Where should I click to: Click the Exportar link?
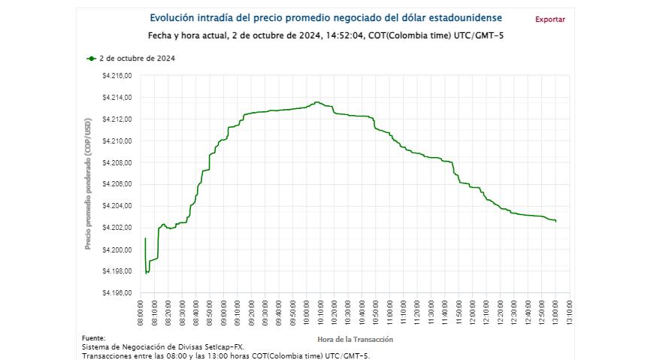(x=550, y=20)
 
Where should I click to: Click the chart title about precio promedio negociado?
(x=326, y=17)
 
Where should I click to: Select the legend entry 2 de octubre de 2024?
(x=132, y=59)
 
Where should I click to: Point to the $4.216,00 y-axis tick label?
(x=117, y=76)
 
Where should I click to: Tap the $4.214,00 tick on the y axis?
(x=117, y=98)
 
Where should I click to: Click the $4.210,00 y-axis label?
(x=117, y=141)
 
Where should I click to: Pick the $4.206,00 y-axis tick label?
(x=117, y=184)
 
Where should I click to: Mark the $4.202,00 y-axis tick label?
(x=117, y=228)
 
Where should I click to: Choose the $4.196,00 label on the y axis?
(x=117, y=292)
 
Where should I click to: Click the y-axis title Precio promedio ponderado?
(x=88, y=184)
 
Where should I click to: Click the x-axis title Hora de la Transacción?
(x=355, y=340)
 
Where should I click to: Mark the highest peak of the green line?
(x=316, y=101)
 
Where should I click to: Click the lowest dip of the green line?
(x=147, y=273)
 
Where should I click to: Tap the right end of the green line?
(x=556, y=221)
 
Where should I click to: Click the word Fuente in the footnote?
(x=93, y=338)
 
